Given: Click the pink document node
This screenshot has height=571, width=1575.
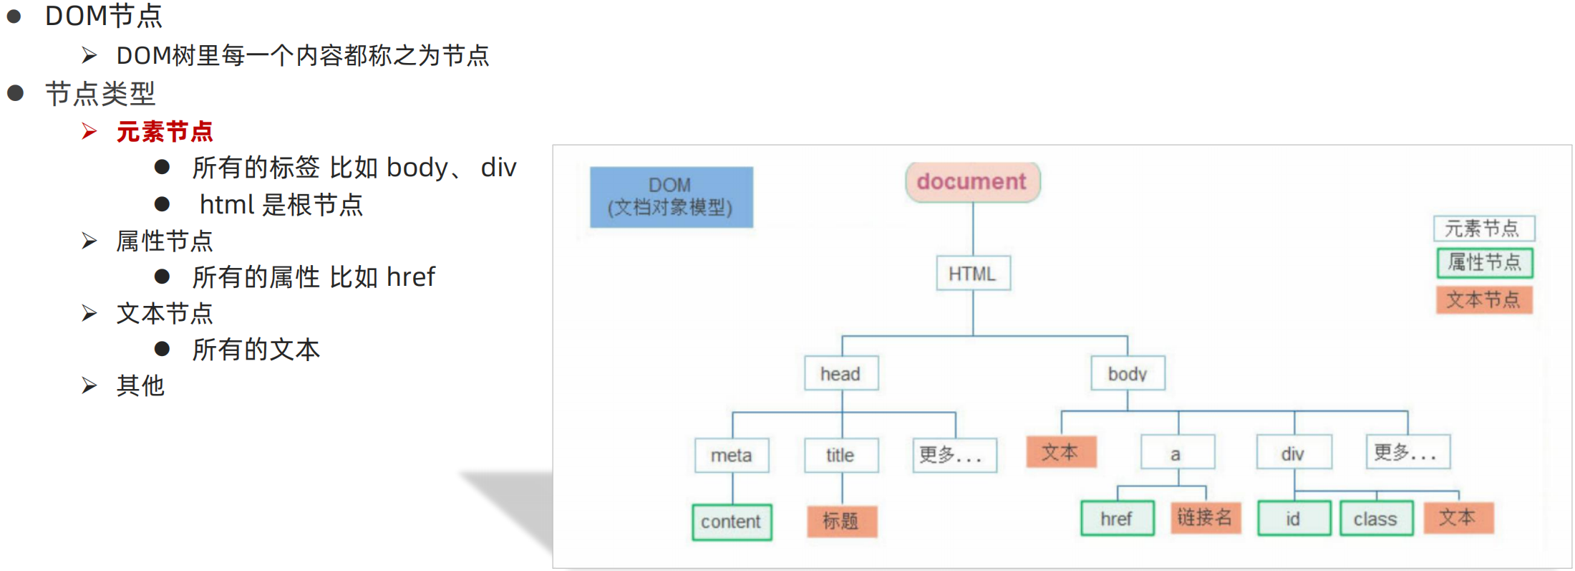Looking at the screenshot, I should [972, 182].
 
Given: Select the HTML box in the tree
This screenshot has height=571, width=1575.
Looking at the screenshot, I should [973, 274].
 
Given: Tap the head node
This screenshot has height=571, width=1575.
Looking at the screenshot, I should [841, 373].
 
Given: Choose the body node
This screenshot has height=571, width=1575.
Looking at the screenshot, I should [1128, 373].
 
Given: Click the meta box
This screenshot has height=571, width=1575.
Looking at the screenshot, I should [732, 455].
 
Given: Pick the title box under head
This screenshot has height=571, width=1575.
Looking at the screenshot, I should [841, 455].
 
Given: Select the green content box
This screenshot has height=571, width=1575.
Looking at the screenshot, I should [732, 522].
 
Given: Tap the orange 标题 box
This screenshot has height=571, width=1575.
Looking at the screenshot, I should [841, 521].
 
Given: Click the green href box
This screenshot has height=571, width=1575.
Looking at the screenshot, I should [1117, 519].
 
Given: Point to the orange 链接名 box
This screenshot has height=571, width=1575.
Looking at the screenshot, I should [1205, 517].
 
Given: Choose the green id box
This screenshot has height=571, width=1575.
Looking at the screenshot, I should [1294, 519].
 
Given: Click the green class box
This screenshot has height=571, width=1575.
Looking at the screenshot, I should [1376, 519].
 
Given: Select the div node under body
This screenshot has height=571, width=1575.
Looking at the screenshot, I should [1294, 454].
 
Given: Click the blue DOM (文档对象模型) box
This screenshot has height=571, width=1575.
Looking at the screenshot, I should [671, 197].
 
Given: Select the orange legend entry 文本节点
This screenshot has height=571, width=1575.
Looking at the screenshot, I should [1484, 299].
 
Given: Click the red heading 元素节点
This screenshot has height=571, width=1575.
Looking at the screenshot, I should [165, 132].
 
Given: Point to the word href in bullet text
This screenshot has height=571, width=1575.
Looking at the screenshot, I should [411, 277].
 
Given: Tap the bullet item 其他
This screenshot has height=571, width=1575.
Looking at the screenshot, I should [140, 386].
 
